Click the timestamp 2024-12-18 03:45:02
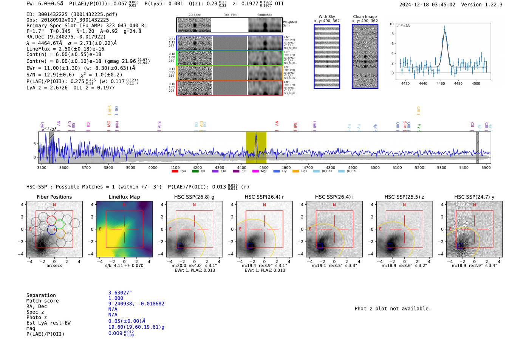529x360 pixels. point(427,5)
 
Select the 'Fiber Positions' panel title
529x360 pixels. point(54,197)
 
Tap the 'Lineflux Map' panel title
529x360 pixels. point(124,197)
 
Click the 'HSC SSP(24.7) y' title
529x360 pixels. point(474,197)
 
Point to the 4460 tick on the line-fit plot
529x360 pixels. point(441,83)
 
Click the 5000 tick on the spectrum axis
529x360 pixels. point(375,167)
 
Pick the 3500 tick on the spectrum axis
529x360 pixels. point(42,167)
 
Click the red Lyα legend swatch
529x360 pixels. point(175,172)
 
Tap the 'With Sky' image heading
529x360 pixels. point(327,17)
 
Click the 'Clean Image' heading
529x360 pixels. point(365,17)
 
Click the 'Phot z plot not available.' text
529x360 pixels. point(393,309)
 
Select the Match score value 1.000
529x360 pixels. point(116,298)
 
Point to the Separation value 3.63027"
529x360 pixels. point(120,293)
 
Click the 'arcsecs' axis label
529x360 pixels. point(54,266)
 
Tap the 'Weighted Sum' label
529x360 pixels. point(289,23)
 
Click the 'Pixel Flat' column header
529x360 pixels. point(230,15)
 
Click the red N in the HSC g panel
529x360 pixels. point(194,205)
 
